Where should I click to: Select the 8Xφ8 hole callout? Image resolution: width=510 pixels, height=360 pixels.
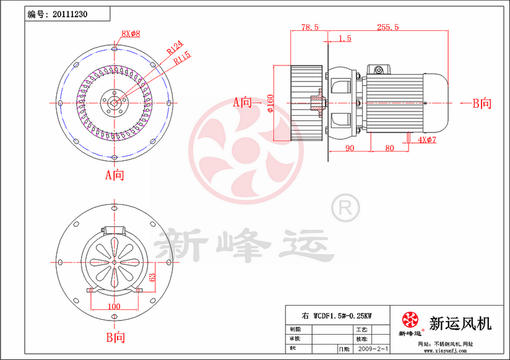[x=131, y=32]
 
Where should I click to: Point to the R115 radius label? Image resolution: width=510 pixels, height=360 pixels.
[x=183, y=58]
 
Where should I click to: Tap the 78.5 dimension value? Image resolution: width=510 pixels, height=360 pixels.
[x=309, y=27]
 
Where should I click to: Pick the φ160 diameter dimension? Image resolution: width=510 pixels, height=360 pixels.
[x=270, y=104]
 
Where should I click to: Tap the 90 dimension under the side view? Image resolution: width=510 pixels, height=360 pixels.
[x=350, y=148]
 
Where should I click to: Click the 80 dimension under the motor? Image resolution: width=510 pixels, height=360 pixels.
[x=389, y=148]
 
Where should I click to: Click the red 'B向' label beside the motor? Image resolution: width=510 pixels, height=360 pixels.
[x=482, y=103]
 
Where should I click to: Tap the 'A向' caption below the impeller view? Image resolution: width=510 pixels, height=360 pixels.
[x=115, y=175]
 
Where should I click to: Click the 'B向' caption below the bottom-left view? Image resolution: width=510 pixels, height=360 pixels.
[x=115, y=338]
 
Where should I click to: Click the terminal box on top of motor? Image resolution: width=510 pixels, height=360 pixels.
[x=378, y=68]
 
